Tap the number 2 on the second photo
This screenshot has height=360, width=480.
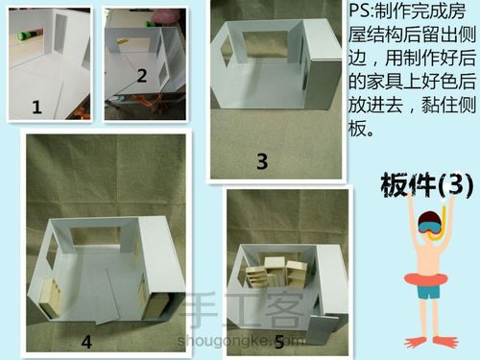(141, 75)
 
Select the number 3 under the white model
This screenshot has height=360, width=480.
(261, 161)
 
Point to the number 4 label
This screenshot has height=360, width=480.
(85, 340)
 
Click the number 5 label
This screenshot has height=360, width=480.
(278, 341)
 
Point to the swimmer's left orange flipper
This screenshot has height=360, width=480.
(413, 342)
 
